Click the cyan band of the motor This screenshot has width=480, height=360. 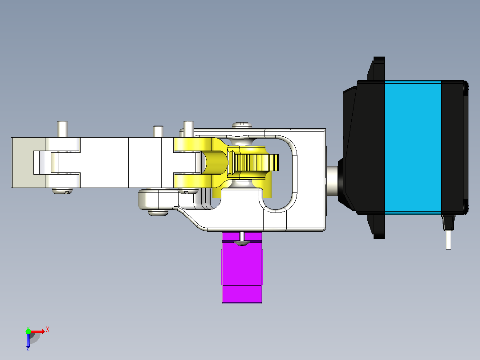tap(413, 147)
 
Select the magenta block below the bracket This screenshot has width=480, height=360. tap(242, 267)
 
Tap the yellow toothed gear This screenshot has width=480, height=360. tap(256, 163)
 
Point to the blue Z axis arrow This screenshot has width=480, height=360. tap(28, 340)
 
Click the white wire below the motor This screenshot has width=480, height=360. tap(448, 240)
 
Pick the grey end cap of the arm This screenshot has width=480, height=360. tap(28, 162)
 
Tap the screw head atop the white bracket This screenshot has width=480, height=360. tap(242, 125)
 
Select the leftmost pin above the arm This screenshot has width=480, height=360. tap(62, 129)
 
